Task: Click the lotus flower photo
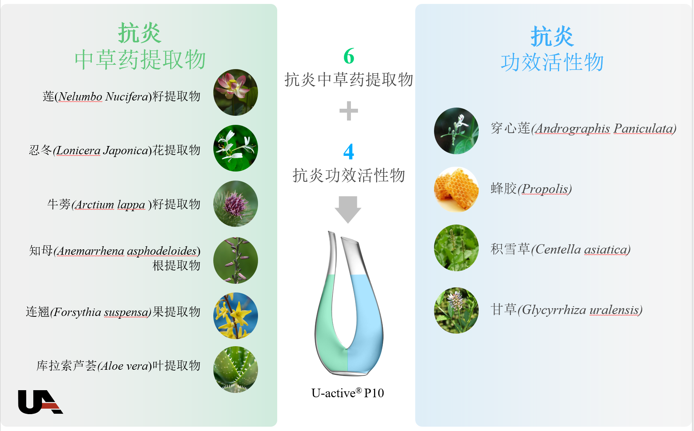[236, 93]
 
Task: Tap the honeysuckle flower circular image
[236, 148]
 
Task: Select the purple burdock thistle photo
[236, 204]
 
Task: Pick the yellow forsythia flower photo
[236, 316]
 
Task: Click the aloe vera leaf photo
[236, 369]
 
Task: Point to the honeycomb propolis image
[456, 190]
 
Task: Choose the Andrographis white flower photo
[456, 131]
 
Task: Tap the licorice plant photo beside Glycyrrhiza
[456, 310]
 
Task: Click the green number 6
[349, 56]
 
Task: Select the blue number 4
[349, 152]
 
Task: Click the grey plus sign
[349, 111]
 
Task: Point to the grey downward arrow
[348, 210]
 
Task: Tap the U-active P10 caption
[348, 393]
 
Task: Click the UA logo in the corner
[40, 402]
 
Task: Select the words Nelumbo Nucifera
[104, 97]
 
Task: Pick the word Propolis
[545, 189]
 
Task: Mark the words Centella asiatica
[581, 249]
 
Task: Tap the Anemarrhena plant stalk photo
[236, 260]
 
